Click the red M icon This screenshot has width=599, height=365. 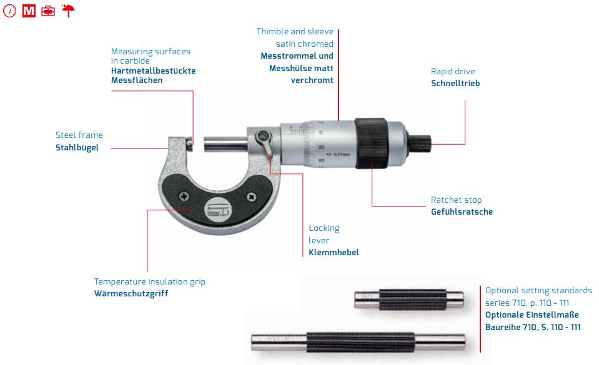(29, 11)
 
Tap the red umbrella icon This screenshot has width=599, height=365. (68, 11)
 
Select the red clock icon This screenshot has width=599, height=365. (9, 11)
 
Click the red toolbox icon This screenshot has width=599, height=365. (48, 11)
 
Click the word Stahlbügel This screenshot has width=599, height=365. (77, 148)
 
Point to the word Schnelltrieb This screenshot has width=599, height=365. (455, 83)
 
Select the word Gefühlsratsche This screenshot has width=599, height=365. (462, 212)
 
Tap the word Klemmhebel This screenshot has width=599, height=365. (334, 252)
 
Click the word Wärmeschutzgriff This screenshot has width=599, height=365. (131, 294)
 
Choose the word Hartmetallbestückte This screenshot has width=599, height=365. (153, 71)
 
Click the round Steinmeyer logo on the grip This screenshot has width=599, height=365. (218, 210)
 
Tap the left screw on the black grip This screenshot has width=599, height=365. (184, 197)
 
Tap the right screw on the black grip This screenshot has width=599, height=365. (251, 197)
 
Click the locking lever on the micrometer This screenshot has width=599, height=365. (265, 140)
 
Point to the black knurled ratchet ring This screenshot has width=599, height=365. (371, 143)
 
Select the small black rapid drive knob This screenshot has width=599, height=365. (419, 143)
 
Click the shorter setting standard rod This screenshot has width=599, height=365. (409, 299)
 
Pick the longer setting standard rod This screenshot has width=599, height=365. (359, 342)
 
